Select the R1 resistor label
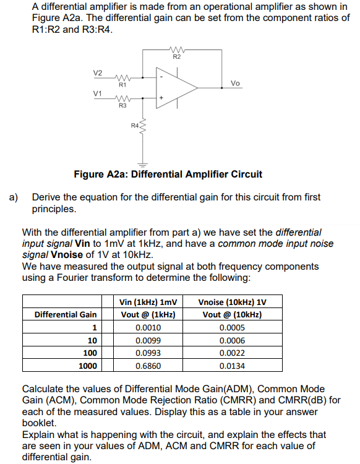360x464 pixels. [122, 84]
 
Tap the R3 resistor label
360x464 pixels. [122, 106]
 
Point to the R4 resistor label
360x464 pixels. [135, 127]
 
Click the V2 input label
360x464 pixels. [98, 73]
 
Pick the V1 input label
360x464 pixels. [97, 93]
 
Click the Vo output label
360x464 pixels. [235, 82]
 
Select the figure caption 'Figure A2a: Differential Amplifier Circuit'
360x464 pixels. [168, 174]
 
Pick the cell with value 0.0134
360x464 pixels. [232, 366]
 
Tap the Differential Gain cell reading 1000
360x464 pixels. [87, 366]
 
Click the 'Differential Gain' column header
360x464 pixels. [66, 314]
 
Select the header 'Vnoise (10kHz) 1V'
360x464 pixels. [232, 302]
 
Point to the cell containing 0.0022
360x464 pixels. [232, 353]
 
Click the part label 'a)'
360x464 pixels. [14, 197]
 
